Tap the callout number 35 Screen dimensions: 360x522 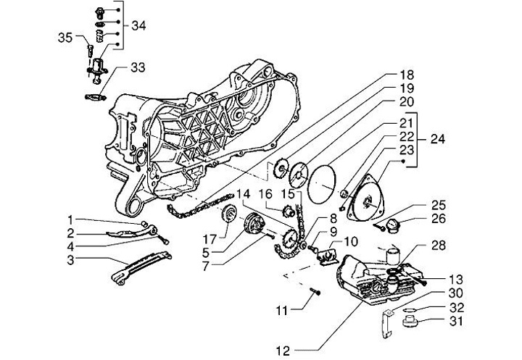(x=65, y=38)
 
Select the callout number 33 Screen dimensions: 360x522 (x=138, y=68)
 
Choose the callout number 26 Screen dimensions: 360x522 (x=439, y=217)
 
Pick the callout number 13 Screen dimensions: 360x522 (x=455, y=279)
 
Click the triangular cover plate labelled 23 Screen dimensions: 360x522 (x=375, y=192)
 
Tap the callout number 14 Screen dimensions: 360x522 (x=242, y=194)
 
